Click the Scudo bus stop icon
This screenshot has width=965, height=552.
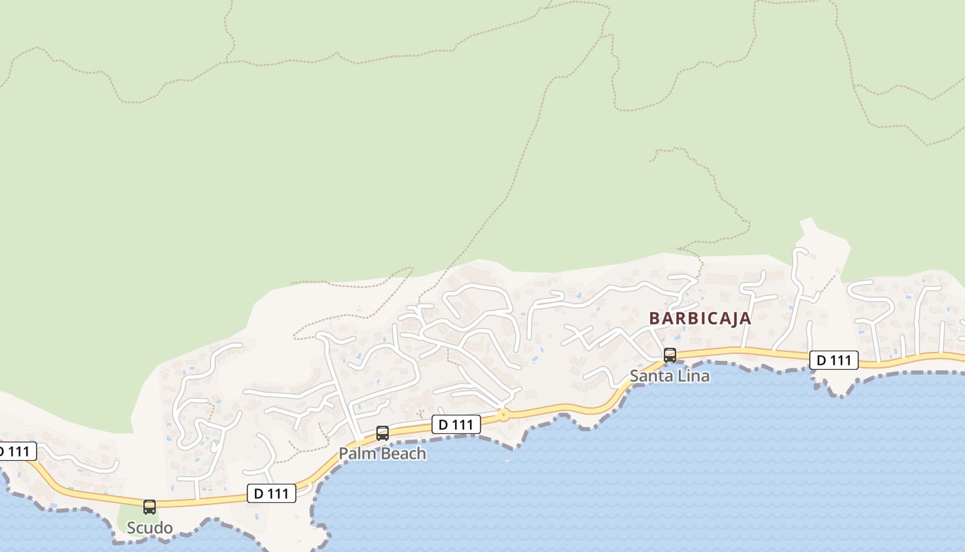coord(150,507)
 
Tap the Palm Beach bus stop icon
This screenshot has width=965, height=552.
coord(383,433)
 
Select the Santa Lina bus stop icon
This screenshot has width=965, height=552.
coord(670,355)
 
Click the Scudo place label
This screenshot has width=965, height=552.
coord(150,528)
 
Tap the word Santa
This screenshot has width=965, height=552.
coord(650,376)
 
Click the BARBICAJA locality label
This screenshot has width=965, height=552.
coord(700,318)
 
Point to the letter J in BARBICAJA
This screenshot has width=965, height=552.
coord(731,318)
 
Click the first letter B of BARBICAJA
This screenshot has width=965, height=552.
coord(655,318)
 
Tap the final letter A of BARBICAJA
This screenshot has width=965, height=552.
coord(746,318)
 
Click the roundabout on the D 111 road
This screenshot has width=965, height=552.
coord(504,415)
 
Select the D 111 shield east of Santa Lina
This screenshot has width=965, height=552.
coord(833,359)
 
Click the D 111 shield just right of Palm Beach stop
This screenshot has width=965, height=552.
coord(456,424)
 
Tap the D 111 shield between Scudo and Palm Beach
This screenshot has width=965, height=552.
coord(271,493)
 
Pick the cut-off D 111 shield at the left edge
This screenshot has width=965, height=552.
coord(15,452)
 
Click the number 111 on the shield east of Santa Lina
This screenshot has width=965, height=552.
coord(841,359)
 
